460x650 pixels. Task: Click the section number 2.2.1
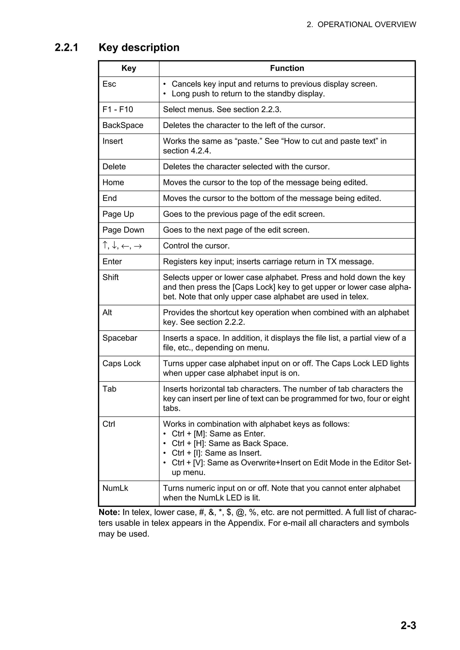[x=66, y=48]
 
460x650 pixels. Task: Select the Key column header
[x=129, y=68]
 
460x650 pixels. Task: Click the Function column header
[x=287, y=68]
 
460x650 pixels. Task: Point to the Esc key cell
[x=109, y=84]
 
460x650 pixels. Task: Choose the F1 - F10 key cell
[x=118, y=109]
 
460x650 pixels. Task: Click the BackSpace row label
[x=123, y=125]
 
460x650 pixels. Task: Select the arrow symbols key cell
[x=122, y=246]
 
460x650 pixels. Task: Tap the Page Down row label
[x=123, y=230]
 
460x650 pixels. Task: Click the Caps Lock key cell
[x=121, y=364]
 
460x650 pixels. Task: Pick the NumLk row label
[x=115, y=488]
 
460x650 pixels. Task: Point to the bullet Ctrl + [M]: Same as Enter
[x=218, y=434]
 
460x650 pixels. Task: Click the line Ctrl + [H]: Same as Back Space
[x=230, y=443]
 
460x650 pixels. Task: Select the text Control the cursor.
[x=196, y=246]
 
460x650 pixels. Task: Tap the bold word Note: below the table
[x=109, y=513]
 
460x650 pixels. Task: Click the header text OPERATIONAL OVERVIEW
[x=367, y=25]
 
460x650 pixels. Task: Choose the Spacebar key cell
[x=120, y=338]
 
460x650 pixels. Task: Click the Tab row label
[x=109, y=389]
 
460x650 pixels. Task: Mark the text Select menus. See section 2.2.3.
[x=222, y=109]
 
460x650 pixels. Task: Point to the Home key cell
[x=113, y=182]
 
